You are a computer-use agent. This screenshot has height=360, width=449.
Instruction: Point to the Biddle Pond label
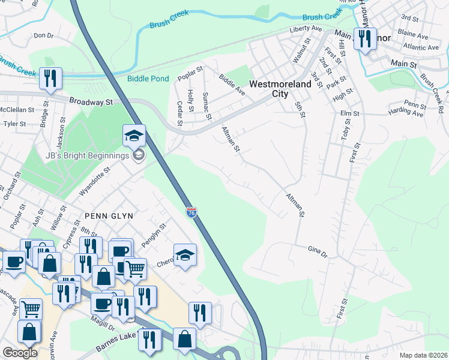[x=148, y=79]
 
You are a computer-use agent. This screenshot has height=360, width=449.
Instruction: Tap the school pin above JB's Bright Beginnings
[x=134, y=136]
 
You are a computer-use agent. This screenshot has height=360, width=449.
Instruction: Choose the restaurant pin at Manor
[x=364, y=40]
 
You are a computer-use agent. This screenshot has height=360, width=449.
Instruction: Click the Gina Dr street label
[x=318, y=251]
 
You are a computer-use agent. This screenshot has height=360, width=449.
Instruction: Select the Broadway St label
[x=91, y=102]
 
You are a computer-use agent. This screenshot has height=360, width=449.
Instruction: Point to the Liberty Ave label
[x=306, y=28]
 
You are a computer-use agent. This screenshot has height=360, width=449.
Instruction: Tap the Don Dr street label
[x=44, y=36]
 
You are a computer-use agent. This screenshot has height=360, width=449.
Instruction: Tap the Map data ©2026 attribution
[x=423, y=355]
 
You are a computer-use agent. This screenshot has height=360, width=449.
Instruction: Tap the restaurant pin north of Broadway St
[x=50, y=79]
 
